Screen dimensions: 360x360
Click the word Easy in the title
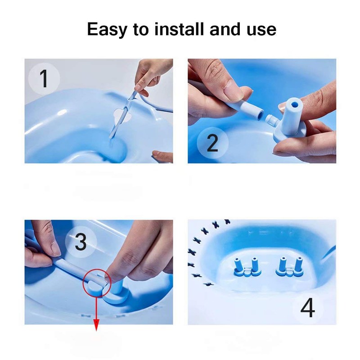(x=107, y=29)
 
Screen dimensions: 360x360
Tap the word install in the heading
(x=179, y=29)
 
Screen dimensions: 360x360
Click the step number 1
(x=44, y=78)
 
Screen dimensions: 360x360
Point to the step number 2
(x=212, y=143)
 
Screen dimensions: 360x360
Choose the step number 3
(x=81, y=241)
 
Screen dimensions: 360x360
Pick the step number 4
(x=308, y=308)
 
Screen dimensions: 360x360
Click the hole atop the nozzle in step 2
(x=294, y=105)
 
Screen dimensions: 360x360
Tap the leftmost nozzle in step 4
(x=238, y=265)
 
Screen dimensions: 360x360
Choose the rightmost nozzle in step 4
(x=298, y=265)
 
